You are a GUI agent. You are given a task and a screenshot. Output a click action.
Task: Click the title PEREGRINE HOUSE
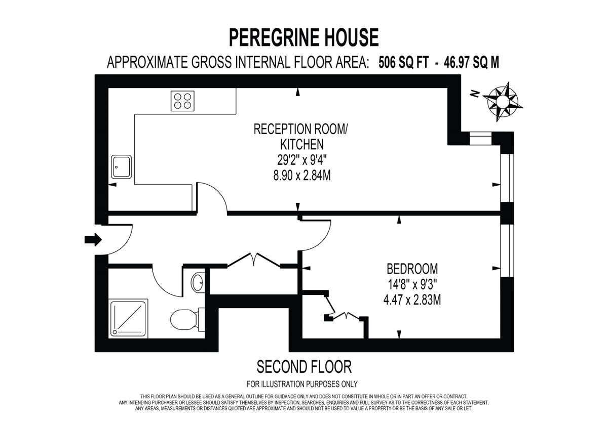click(303, 38)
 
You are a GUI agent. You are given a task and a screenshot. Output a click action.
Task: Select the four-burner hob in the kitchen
click(183, 100)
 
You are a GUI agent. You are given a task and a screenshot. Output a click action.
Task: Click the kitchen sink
click(122, 166)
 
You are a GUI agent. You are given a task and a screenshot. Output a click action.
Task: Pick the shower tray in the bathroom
click(129, 317)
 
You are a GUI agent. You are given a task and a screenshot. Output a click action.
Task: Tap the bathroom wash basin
click(197, 282)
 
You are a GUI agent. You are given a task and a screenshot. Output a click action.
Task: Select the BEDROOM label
click(412, 269)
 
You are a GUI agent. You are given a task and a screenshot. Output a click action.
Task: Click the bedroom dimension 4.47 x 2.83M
click(412, 301)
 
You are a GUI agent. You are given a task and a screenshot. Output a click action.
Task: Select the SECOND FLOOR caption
click(304, 366)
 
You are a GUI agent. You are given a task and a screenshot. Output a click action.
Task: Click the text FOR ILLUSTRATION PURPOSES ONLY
click(302, 383)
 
